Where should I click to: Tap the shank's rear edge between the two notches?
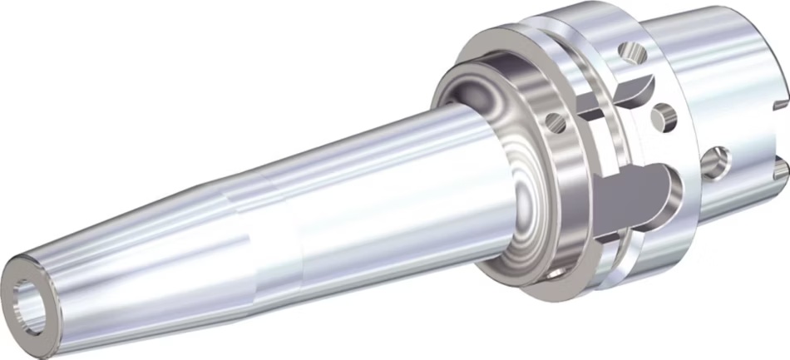(x=785, y=137)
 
